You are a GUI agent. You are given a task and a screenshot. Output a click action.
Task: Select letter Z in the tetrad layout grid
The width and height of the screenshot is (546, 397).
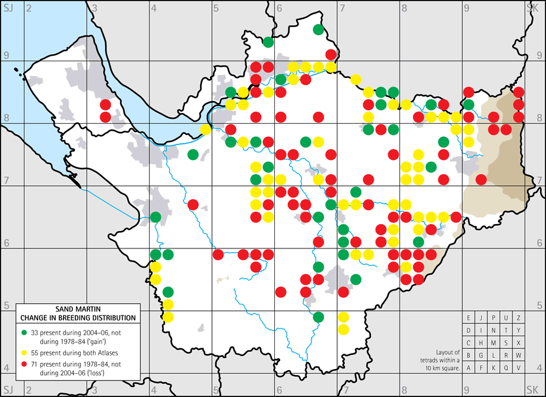click(518, 318)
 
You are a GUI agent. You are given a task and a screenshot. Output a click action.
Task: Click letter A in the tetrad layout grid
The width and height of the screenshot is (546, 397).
click(469, 368)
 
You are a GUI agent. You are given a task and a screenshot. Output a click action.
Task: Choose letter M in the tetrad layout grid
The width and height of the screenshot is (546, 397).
click(493, 343)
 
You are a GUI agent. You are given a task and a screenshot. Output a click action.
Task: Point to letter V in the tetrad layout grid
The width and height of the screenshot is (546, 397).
click(518, 368)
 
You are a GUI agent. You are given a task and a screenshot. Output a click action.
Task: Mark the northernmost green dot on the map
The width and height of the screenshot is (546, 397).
click(318, 29)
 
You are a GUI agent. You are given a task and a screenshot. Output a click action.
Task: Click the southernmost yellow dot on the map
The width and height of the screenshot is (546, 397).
click(343, 329)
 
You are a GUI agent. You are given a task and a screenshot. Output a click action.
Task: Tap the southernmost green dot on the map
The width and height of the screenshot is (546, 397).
click(318, 317)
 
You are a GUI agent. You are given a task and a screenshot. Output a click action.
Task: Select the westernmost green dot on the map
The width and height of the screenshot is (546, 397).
click(155, 217)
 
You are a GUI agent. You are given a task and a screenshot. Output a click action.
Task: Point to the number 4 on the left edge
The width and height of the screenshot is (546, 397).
click(5, 368)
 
